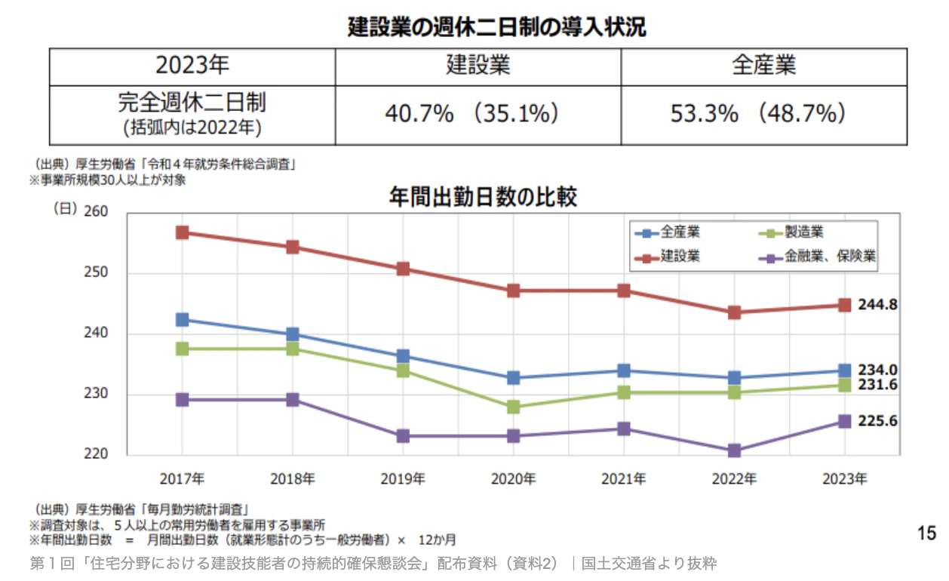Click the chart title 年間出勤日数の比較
pos(483,198)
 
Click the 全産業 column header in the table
pos(763,66)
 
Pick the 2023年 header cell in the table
pos(192,66)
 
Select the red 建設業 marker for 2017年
pos(182,232)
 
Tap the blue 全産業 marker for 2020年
pos(513,377)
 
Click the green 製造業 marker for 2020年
pos(513,407)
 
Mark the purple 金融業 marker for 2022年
pos(734,450)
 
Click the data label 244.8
pos(877,305)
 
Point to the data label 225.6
pos(877,421)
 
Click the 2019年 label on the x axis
pos(403,478)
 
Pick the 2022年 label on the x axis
pos(734,478)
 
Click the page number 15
pos(926,533)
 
